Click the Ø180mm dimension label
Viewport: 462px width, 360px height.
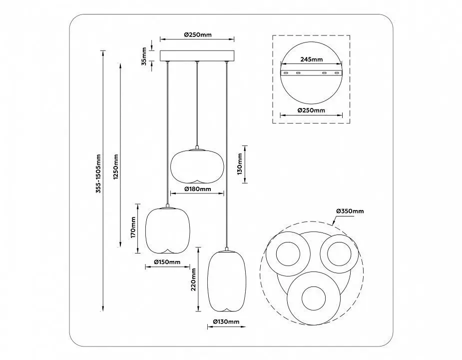pos(197,189)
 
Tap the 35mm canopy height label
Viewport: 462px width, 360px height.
pos(144,56)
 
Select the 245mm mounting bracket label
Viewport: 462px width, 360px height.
pos(312,59)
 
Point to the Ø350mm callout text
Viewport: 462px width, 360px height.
pos(350,211)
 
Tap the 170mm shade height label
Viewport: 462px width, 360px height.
pos(133,227)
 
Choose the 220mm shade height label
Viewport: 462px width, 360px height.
pos(193,279)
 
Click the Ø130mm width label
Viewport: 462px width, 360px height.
pos(226,321)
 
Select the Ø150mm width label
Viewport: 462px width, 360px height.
pos(167,262)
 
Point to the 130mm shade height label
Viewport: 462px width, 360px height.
pos(239,164)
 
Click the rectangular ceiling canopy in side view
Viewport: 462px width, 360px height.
pos(197,56)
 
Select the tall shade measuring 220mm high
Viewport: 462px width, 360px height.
pos(227,280)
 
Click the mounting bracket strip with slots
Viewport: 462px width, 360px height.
pos(312,72)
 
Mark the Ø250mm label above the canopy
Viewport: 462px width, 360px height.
pos(198,34)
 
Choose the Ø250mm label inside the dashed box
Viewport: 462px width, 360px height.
pos(311,110)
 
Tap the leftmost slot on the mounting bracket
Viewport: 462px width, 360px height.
pos(286,72)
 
